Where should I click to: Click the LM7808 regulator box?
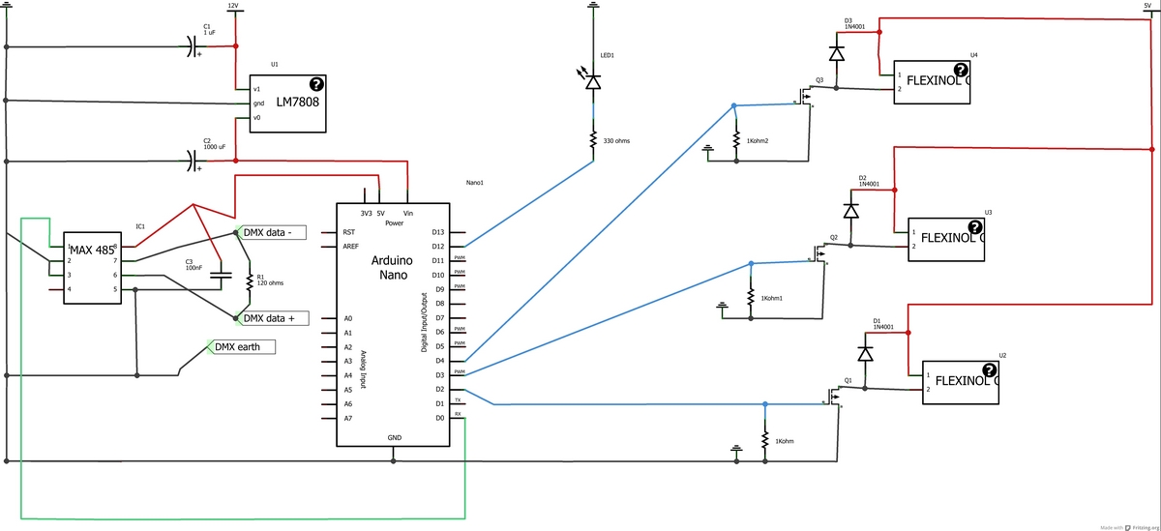[x=287, y=103]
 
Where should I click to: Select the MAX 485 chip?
[x=93, y=268]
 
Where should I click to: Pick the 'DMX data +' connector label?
[x=273, y=317]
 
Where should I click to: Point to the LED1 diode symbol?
[x=593, y=83]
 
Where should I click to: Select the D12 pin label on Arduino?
[x=438, y=247]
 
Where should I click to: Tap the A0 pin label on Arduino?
[x=347, y=318]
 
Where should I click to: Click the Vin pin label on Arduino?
[x=408, y=212]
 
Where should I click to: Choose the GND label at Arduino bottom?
[x=394, y=437]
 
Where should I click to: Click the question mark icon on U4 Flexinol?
[x=961, y=70]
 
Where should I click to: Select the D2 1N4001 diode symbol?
[x=851, y=210]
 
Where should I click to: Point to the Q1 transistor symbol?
[x=833, y=396]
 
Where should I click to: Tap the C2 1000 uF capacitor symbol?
[x=192, y=162]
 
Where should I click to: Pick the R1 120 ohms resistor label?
[x=269, y=280]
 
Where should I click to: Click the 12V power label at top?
[x=232, y=5]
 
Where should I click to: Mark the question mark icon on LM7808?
[x=316, y=84]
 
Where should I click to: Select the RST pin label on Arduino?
[x=348, y=232]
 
